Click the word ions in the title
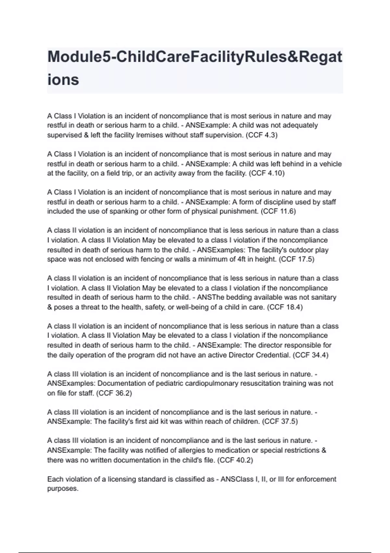63,80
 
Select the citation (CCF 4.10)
266,173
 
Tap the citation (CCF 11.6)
278,211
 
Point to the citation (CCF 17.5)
296,259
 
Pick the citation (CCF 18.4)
285,307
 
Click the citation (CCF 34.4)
310,355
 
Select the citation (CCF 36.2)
114,393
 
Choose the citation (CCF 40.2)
235,460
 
